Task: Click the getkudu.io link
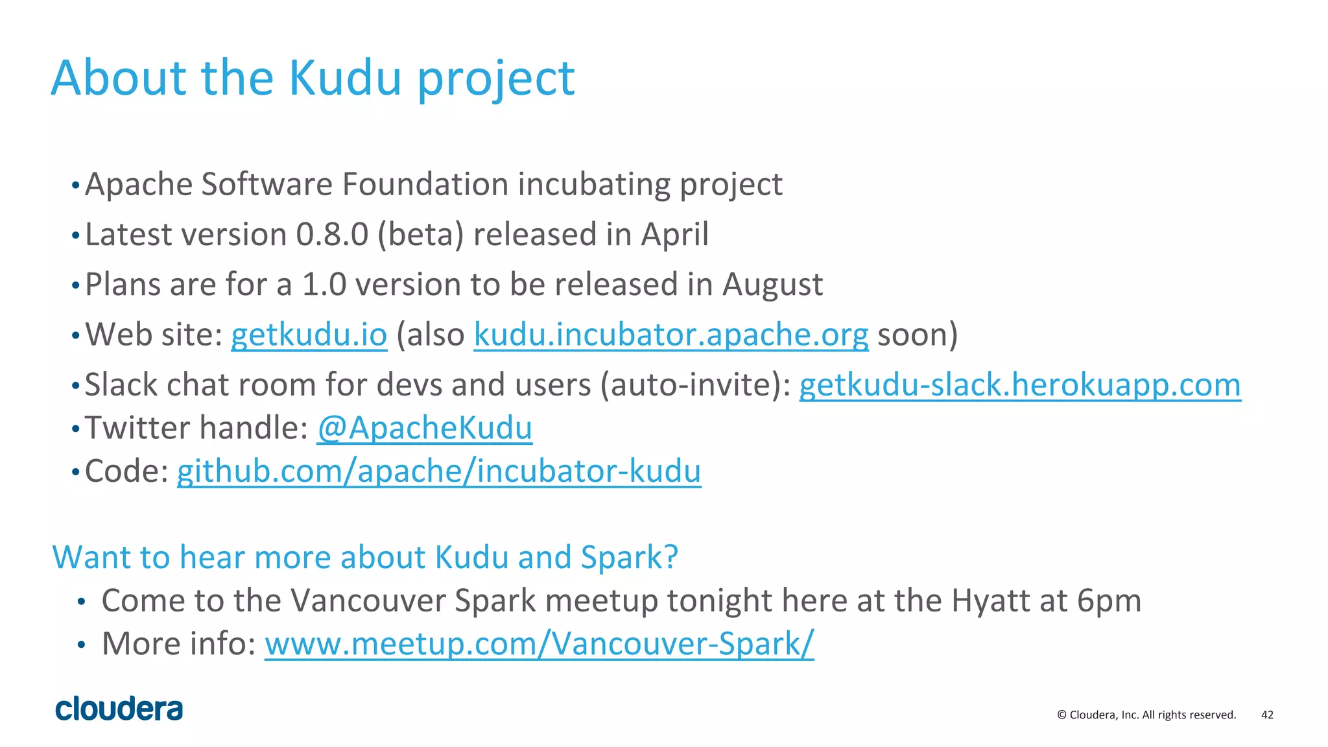[x=309, y=335]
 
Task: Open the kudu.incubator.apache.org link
[x=670, y=335]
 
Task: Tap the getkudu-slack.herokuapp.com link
[x=1019, y=385]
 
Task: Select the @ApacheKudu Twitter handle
[x=425, y=428]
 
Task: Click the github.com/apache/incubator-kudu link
[x=439, y=471]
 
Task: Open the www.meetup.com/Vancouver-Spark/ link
[x=539, y=644]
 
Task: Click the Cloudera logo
[x=119, y=709]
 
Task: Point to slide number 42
[x=1267, y=715]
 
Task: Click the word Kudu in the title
[x=344, y=78]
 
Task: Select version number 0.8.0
[x=332, y=235]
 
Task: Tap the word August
[x=772, y=285]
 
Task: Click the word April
[x=674, y=235]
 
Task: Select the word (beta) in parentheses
[x=420, y=235]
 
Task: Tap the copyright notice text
[x=1146, y=715]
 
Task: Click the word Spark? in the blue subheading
[x=629, y=558]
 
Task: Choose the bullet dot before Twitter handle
[x=76, y=429]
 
